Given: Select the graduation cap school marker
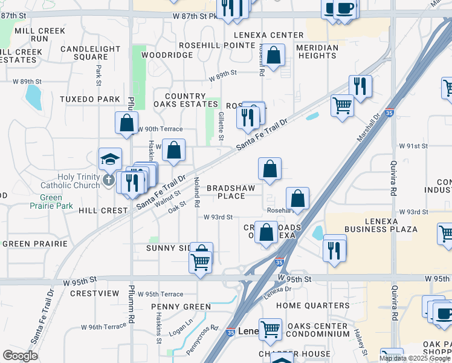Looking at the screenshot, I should [110, 159].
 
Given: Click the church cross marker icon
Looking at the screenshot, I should [109, 180].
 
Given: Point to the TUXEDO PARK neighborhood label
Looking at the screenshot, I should [90, 99].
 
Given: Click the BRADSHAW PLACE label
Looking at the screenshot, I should [234, 192].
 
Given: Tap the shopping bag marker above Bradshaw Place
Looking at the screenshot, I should [270, 169].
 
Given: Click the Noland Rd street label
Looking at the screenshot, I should [196, 192].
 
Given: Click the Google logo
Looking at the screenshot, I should [20, 356].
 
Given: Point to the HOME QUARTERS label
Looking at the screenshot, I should [312, 306].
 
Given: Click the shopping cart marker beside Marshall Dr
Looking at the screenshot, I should [342, 105].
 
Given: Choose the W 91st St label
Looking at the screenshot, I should [413, 146].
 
